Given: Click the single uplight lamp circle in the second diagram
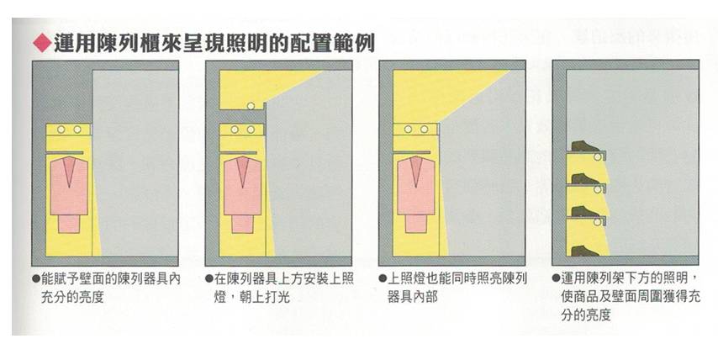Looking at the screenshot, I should pyautogui.click(x=250, y=106).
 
